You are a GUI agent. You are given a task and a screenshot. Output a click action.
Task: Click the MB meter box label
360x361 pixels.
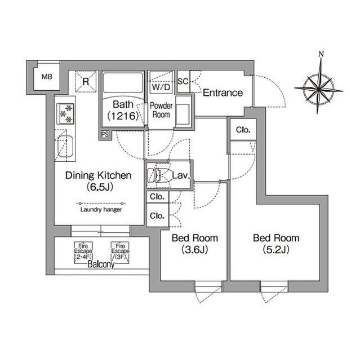(47, 77)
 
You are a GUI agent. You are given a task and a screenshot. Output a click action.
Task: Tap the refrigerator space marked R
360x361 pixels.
(86, 81)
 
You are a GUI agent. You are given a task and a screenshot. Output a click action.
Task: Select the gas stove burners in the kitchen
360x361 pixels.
(65, 114)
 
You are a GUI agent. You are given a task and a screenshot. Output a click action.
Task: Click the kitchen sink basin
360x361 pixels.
(65, 147)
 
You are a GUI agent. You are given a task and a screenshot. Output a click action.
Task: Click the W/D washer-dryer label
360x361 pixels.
(161, 87)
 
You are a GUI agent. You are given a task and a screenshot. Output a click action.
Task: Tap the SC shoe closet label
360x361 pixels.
(183, 81)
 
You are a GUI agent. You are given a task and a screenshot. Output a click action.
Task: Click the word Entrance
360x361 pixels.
(223, 93)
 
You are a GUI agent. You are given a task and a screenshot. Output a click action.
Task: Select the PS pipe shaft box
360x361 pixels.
(105, 134)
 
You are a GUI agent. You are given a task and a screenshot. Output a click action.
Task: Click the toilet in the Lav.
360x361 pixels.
(154, 175)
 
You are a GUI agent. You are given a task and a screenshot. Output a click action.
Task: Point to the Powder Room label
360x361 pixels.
(161, 110)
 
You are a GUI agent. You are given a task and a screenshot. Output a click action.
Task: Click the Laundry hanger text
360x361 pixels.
(101, 209)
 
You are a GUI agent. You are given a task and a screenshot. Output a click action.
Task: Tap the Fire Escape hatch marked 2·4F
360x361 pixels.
(83, 252)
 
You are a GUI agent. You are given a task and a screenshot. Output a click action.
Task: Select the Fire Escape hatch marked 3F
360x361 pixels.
(120, 252)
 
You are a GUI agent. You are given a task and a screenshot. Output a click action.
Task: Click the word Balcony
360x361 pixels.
(101, 265)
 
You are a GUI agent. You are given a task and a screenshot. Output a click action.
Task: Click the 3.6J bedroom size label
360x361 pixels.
(195, 249)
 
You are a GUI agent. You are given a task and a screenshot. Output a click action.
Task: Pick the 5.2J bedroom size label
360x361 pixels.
(276, 249)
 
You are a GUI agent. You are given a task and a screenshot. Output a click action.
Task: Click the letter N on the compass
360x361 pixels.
(321, 54)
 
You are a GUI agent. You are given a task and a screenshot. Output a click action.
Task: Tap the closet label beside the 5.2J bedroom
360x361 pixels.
(243, 130)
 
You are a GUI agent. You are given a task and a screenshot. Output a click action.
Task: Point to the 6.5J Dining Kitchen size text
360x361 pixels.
(100, 187)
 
